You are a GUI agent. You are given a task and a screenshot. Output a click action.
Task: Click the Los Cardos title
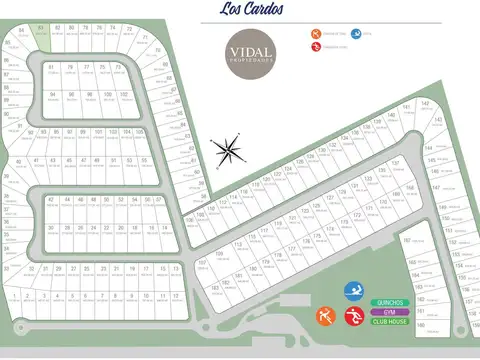pyautogui.click(x=241, y=11)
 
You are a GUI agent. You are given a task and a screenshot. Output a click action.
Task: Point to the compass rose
pyautogui.click(x=229, y=150)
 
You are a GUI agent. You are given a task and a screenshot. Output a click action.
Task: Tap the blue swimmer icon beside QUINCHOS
pyautogui.click(x=352, y=293)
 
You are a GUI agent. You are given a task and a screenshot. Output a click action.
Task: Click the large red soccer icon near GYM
pyautogui.click(x=352, y=318)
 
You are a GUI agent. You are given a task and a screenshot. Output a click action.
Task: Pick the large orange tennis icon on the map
pyautogui.click(x=323, y=318)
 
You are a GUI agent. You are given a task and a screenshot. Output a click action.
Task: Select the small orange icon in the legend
pyautogui.click(x=315, y=35)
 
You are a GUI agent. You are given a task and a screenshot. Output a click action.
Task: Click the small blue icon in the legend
pyautogui.click(x=355, y=35)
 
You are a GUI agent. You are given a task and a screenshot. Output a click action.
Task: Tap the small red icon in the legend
pyautogui.click(x=315, y=46)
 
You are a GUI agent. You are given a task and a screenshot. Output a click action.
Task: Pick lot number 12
pyautogui.click(x=176, y=298)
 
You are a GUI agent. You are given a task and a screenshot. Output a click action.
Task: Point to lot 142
pyautogui.click(x=424, y=105)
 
